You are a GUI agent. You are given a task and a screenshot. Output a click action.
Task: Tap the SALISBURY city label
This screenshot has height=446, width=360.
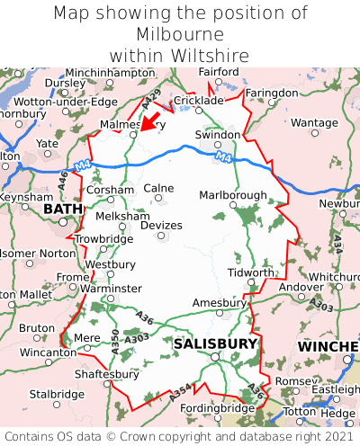[215, 343]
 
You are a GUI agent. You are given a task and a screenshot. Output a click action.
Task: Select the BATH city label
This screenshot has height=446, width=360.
[63, 209]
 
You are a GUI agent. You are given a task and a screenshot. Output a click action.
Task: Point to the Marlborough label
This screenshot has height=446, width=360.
[232, 195]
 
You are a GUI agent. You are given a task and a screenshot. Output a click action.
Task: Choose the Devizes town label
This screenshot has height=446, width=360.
[163, 225]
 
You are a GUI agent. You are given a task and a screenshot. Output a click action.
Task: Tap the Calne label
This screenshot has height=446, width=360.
[158, 188]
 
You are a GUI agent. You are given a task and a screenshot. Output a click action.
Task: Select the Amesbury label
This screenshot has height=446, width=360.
[219, 303]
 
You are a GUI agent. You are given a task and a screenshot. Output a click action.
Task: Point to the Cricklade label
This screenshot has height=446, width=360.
[197, 101]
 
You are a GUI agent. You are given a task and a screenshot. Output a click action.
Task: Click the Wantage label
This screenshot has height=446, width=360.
[314, 122]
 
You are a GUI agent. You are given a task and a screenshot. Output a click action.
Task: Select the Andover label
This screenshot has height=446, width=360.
[301, 287]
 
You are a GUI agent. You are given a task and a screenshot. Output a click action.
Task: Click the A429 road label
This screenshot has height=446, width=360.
[152, 96]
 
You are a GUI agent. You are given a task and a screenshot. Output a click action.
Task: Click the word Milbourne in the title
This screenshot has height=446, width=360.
[180, 34]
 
